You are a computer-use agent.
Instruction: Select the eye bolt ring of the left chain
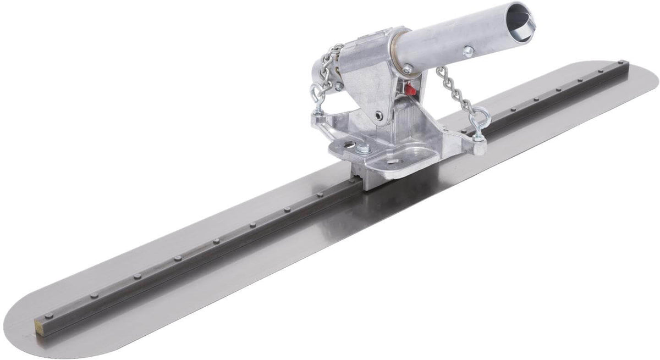pos(318,91)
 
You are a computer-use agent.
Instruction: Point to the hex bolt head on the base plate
pos(365,148)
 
